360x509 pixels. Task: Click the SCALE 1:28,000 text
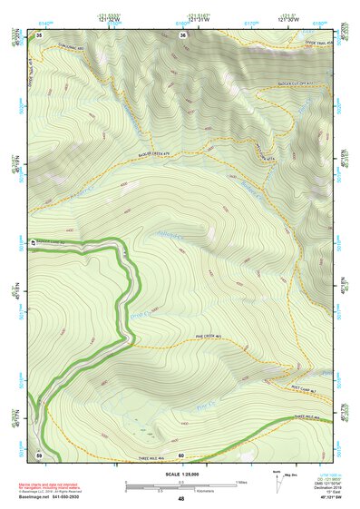tap(180, 473)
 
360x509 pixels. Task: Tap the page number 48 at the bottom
tap(180, 499)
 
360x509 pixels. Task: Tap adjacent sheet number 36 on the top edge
tap(183, 34)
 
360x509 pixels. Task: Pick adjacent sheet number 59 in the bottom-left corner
tap(39, 454)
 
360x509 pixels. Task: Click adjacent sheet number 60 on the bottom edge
tap(181, 454)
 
